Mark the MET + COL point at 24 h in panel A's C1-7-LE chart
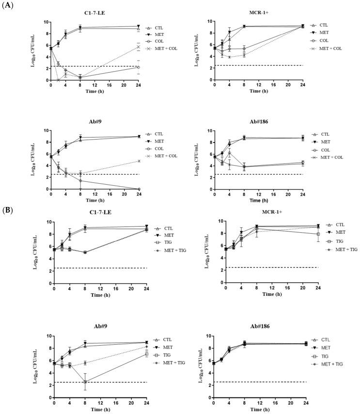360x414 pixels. (138, 47)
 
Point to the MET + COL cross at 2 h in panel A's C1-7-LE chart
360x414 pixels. (58, 80)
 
